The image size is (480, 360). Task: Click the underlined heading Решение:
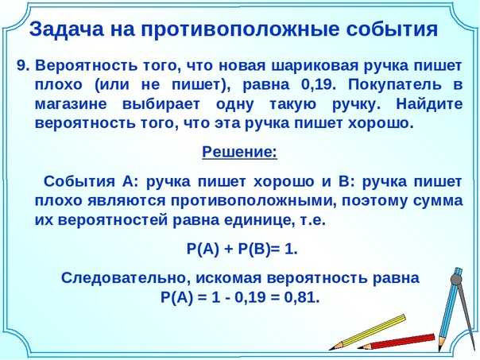239,151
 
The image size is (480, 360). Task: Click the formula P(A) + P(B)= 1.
241,250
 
